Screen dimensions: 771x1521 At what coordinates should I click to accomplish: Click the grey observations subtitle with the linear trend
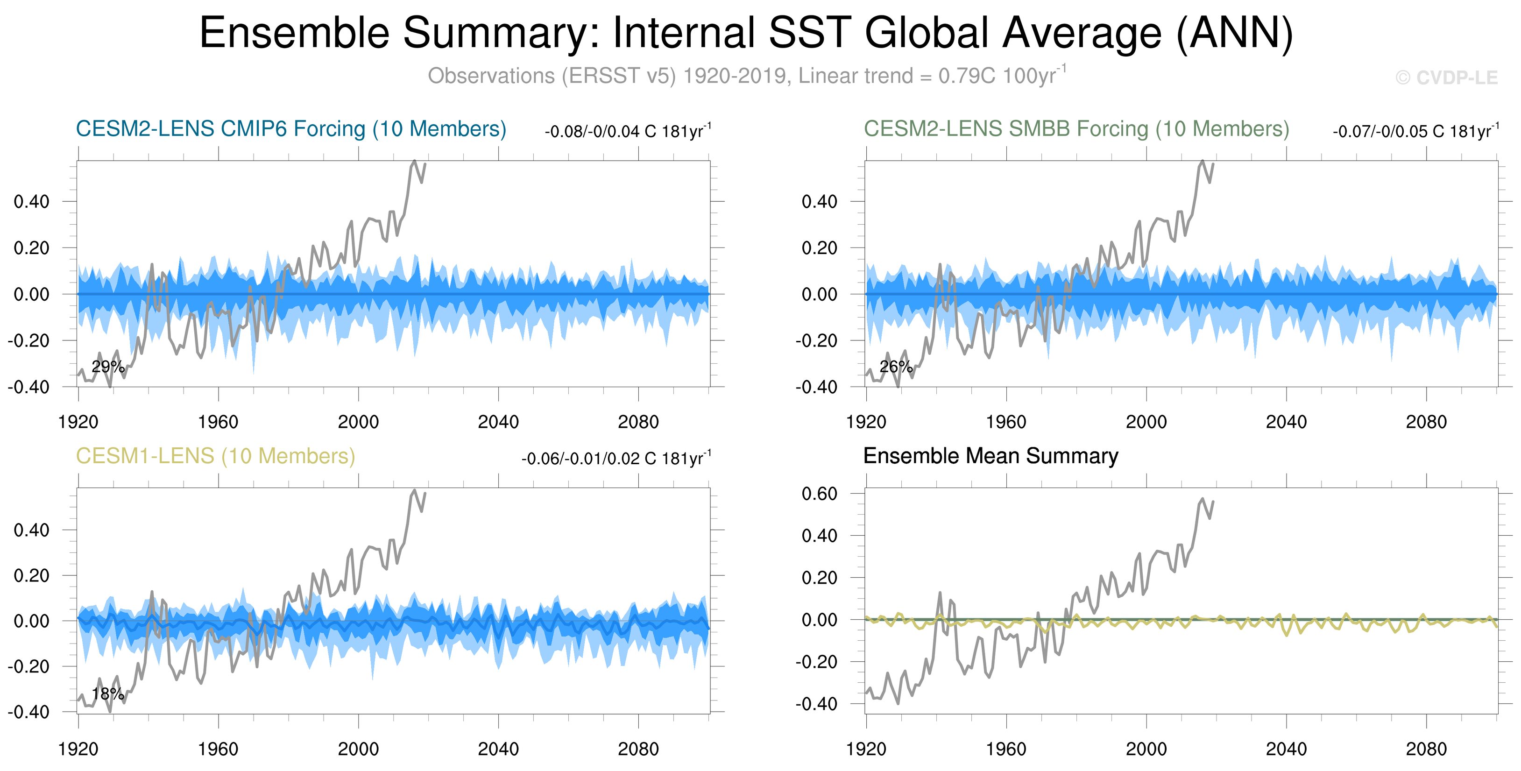(746, 76)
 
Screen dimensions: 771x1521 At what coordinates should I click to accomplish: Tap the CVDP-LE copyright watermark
(1447, 78)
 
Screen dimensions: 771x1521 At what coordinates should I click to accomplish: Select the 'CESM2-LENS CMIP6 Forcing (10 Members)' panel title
(291, 129)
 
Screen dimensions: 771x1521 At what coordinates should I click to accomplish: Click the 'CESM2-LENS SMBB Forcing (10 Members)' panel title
(1076, 129)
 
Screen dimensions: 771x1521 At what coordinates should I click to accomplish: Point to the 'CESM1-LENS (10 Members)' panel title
(215, 456)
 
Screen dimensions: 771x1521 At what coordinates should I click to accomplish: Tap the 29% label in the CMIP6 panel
(108, 367)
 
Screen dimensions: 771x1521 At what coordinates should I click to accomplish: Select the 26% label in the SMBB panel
(896, 367)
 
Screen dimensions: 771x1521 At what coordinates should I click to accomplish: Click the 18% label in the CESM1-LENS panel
(108, 693)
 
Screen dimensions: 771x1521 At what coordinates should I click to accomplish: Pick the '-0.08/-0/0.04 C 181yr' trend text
(628, 131)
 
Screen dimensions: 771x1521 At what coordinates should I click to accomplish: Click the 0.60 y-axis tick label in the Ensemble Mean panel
(820, 494)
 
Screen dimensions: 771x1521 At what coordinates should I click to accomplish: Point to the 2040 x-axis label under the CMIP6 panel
(498, 422)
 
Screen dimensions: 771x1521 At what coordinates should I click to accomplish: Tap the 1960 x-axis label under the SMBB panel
(1005, 422)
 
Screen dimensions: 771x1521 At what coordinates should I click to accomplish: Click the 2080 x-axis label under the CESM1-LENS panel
(638, 749)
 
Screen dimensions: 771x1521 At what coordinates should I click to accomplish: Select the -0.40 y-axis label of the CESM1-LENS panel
(28, 712)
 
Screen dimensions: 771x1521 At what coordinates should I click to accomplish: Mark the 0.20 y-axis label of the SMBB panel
(820, 248)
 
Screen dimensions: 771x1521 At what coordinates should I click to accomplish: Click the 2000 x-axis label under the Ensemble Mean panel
(1146, 749)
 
